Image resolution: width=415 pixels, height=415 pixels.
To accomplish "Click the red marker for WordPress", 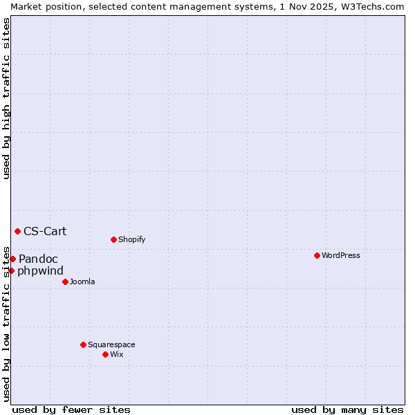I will [x=317, y=255].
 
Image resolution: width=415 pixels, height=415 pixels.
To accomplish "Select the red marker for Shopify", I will [x=113, y=239].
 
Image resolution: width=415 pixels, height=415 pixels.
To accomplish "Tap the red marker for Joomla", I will [x=65, y=282].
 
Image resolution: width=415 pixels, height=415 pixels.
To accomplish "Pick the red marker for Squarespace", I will [x=83, y=344].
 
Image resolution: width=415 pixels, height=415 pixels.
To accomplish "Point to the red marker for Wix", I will [x=105, y=354].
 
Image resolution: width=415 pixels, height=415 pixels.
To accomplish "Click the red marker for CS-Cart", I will [x=17, y=231].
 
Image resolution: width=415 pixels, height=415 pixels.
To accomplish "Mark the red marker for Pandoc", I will [x=12, y=259].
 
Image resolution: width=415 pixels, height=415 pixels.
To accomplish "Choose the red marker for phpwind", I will [x=11, y=270].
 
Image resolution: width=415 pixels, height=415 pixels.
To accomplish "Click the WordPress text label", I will [x=341, y=255].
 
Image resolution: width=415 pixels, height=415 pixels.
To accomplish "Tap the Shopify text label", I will [x=131, y=239].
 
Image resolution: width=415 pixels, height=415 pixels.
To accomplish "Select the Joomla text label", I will [x=82, y=282].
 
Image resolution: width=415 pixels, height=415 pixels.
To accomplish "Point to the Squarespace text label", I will [x=111, y=344].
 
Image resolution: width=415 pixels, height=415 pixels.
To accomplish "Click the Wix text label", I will [x=117, y=354].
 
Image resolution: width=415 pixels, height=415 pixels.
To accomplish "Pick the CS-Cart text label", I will [x=45, y=231].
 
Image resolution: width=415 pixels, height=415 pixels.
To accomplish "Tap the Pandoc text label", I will [x=38, y=259].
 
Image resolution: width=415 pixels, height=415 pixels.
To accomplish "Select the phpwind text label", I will [x=40, y=270].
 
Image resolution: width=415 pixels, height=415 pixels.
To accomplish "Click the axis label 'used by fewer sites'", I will [x=71, y=409].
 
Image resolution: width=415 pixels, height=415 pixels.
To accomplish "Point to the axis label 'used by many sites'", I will [x=347, y=409].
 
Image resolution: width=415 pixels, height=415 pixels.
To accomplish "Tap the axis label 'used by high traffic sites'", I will [x=6, y=98].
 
